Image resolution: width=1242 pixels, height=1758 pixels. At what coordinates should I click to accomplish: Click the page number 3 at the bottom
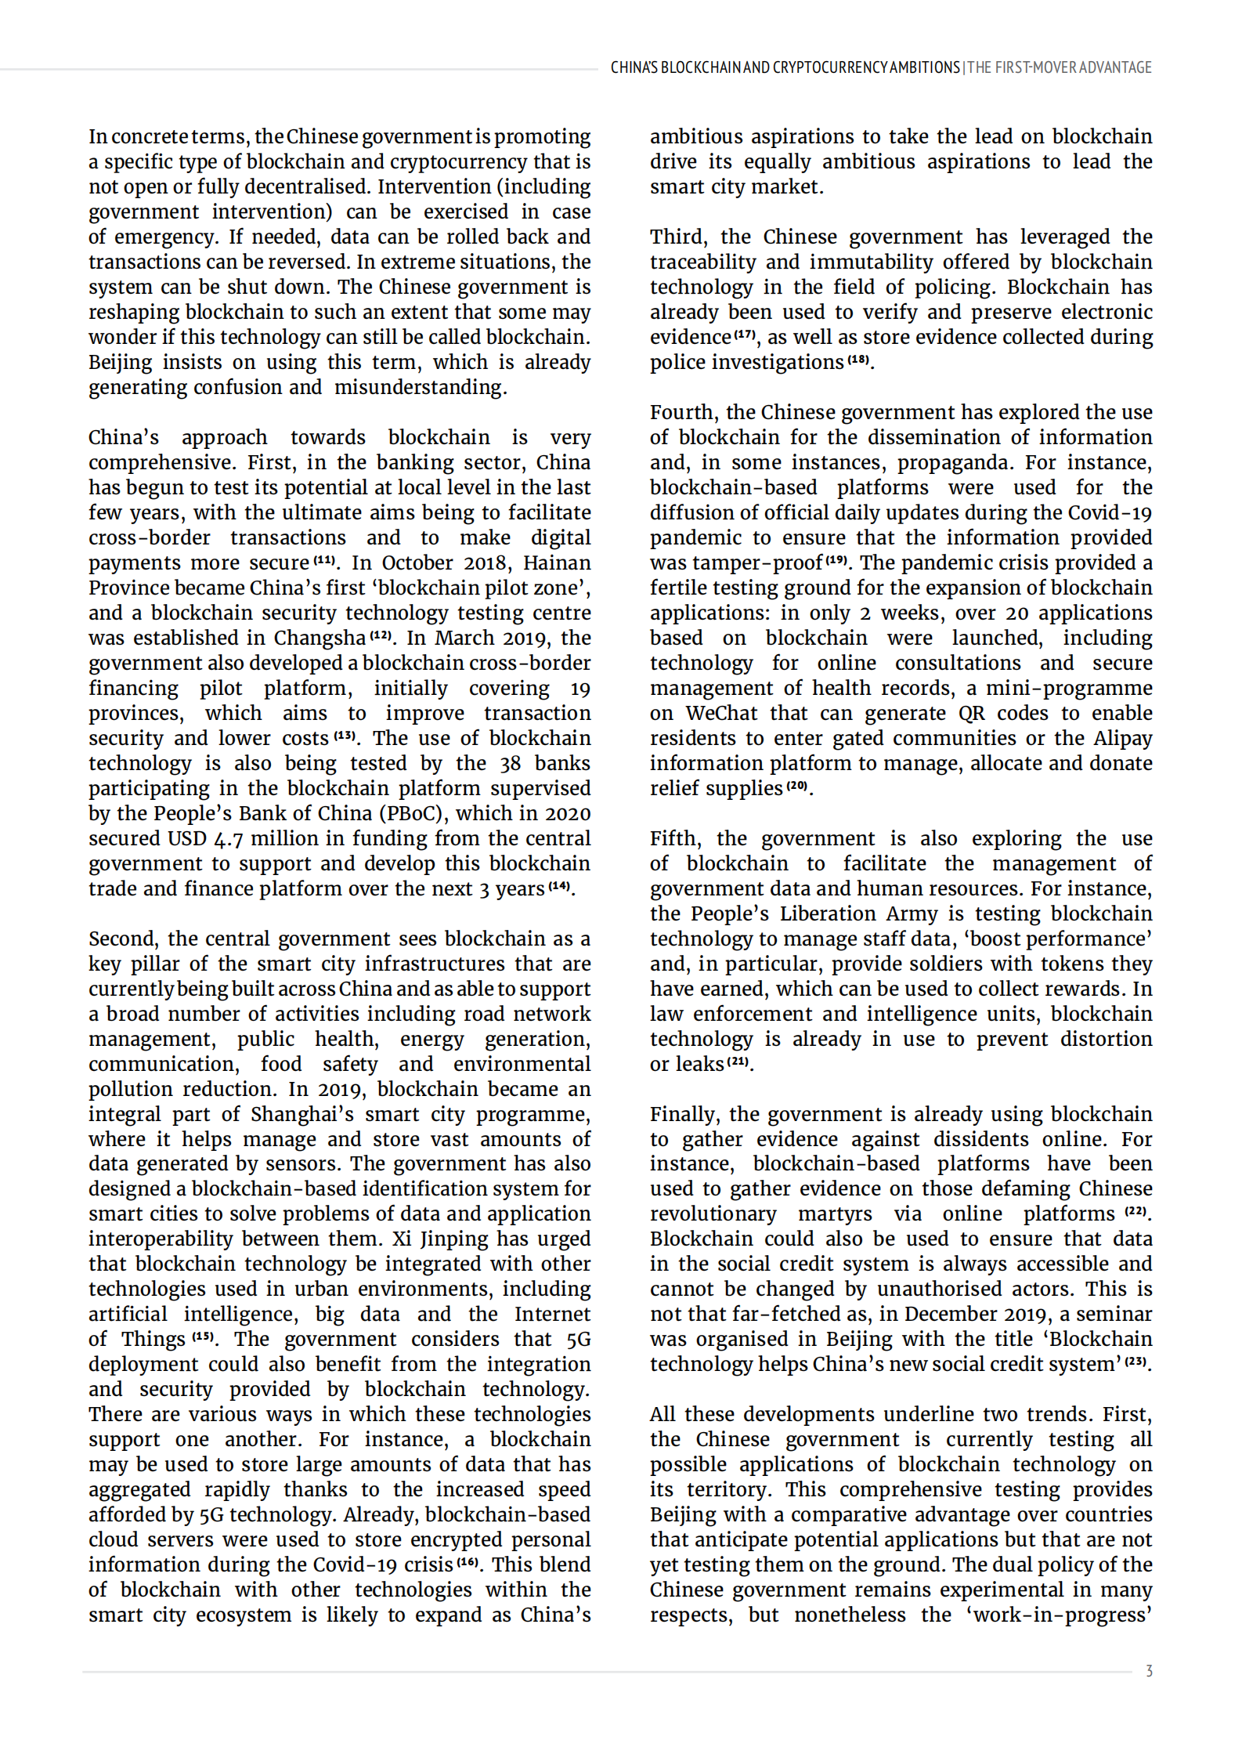click(1149, 1671)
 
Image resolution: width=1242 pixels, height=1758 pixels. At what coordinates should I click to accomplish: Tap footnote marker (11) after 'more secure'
click(325, 561)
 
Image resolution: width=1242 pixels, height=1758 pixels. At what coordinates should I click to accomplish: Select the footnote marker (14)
click(559, 886)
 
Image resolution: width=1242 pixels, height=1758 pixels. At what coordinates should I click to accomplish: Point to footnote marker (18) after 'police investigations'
click(859, 360)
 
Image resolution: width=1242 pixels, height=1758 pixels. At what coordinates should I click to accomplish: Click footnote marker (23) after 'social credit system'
click(1136, 1362)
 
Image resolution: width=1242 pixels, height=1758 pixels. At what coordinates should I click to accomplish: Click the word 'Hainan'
click(557, 563)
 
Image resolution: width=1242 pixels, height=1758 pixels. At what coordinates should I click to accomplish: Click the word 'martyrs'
click(835, 1214)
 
